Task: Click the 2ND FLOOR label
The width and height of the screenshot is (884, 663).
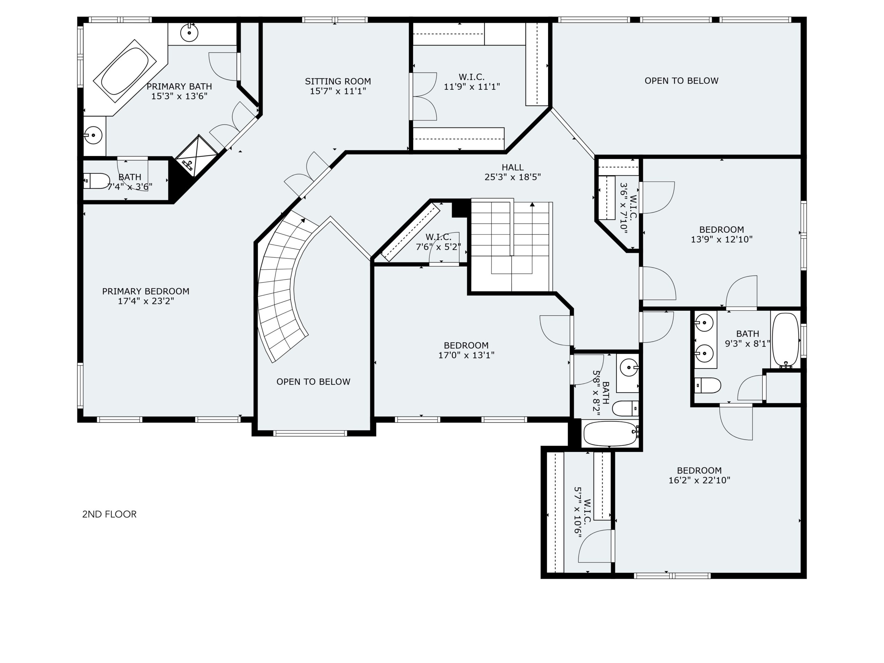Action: (109, 514)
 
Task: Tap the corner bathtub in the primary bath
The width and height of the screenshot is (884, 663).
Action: (125, 71)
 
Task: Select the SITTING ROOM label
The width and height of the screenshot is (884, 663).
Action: (338, 81)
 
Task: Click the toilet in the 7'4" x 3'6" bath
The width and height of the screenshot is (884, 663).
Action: (96, 181)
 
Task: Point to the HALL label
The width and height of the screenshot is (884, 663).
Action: (512, 167)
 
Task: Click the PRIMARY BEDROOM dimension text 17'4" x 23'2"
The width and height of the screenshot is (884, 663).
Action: (146, 301)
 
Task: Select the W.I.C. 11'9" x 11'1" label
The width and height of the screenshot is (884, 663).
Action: (472, 82)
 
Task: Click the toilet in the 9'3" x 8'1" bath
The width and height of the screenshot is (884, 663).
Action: (707, 386)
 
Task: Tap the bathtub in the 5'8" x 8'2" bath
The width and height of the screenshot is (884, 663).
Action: (611, 434)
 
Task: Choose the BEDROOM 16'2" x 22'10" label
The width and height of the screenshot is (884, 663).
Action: (699, 475)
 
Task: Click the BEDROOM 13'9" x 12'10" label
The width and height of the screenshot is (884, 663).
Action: (721, 234)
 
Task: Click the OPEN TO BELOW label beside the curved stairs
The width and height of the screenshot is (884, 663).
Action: (313, 382)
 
